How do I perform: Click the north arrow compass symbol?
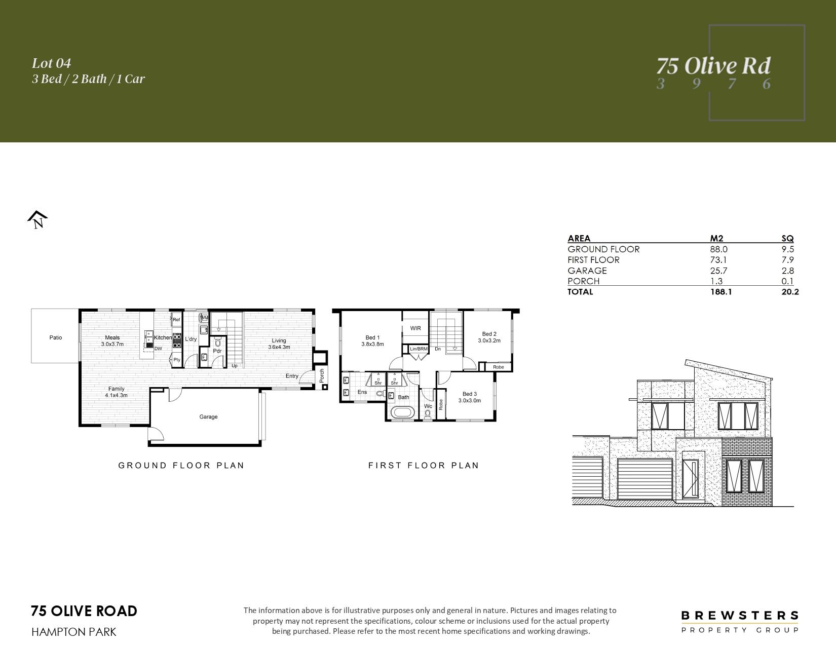coord(37,220)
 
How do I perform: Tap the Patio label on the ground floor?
coord(56,337)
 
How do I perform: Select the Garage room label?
coord(209,416)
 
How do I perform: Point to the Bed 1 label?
coord(372,337)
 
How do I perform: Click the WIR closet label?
coord(415,328)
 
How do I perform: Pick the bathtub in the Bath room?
coord(403,412)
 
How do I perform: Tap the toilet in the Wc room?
coord(428,414)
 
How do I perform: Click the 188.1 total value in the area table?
coord(721,292)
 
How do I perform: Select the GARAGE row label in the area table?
coord(587,271)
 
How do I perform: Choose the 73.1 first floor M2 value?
coord(718,260)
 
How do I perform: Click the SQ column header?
coord(787,239)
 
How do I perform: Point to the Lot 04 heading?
coord(51,63)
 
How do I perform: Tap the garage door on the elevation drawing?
coord(645,479)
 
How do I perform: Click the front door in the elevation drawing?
coord(690,478)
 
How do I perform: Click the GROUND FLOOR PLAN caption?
coord(181,466)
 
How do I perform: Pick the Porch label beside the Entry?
coord(322,375)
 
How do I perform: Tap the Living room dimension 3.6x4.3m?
coord(279,347)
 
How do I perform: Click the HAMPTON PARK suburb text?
coord(73,632)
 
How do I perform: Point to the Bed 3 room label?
coord(469,394)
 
